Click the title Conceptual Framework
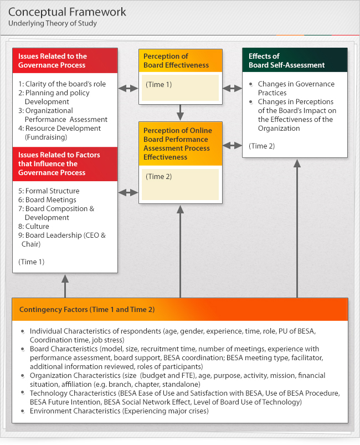click(67, 12)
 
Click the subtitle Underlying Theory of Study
click(52, 23)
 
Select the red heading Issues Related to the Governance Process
click(52, 60)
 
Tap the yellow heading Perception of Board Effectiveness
click(176, 60)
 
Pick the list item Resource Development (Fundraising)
click(63, 132)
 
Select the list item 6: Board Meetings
click(47, 200)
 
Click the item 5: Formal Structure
click(49, 191)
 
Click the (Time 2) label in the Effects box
click(262, 146)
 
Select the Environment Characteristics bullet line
click(119, 411)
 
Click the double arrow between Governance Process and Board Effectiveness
click(128, 88)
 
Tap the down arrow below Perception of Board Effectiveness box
click(180, 113)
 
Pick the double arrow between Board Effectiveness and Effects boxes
click(232, 88)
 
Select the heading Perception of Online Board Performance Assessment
click(177, 144)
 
